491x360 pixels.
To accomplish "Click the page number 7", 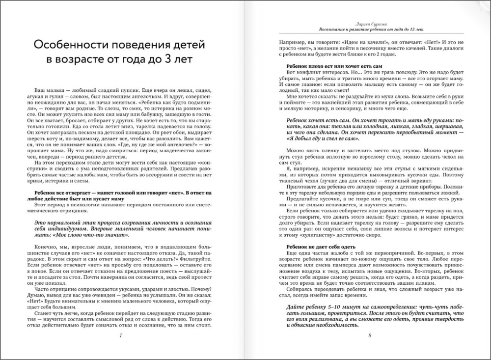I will (x=121, y=335).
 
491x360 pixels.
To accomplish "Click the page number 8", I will (x=369, y=335).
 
